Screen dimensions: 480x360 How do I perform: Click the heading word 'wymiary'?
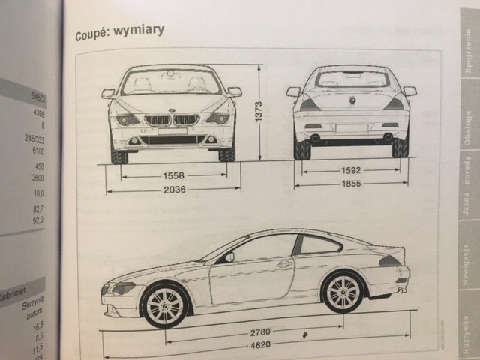pos(139,31)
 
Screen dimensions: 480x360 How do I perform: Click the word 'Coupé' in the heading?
pos(93,34)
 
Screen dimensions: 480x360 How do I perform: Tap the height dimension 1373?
pos(258,111)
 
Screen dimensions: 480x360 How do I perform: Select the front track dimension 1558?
pos(173,176)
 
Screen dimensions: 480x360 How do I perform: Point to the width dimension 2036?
pos(173,190)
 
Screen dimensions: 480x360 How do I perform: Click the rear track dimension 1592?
pos(352,170)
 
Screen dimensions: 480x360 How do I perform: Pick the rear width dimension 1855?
pos(352,184)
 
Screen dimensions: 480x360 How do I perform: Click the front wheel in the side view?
pos(164,304)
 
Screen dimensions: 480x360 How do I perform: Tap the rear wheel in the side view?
pos(343,292)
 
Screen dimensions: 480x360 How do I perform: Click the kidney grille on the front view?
pos(172,120)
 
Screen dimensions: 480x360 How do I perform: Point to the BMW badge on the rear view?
pos(352,100)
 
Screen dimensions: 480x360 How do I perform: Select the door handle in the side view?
pos(283,264)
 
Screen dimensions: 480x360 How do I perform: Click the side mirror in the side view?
pos(229,256)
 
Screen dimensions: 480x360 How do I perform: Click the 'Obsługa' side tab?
pos(467,128)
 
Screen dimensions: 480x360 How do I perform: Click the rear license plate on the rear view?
pos(351,127)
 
